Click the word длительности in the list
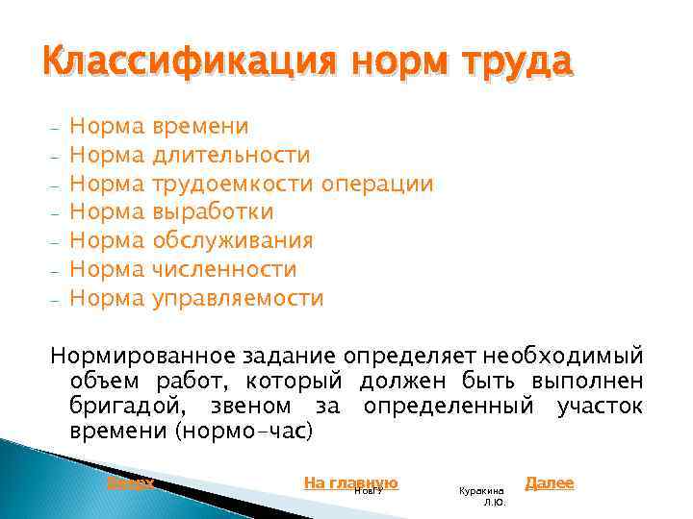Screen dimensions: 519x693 click(231, 155)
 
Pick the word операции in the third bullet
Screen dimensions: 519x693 click(378, 184)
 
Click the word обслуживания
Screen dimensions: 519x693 click(232, 240)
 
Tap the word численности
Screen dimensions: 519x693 click(224, 269)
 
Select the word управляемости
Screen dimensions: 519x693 click(238, 298)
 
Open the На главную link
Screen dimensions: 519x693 click(350, 482)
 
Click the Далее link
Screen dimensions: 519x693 click(550, 482)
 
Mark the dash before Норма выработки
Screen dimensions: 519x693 click(57, 212)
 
